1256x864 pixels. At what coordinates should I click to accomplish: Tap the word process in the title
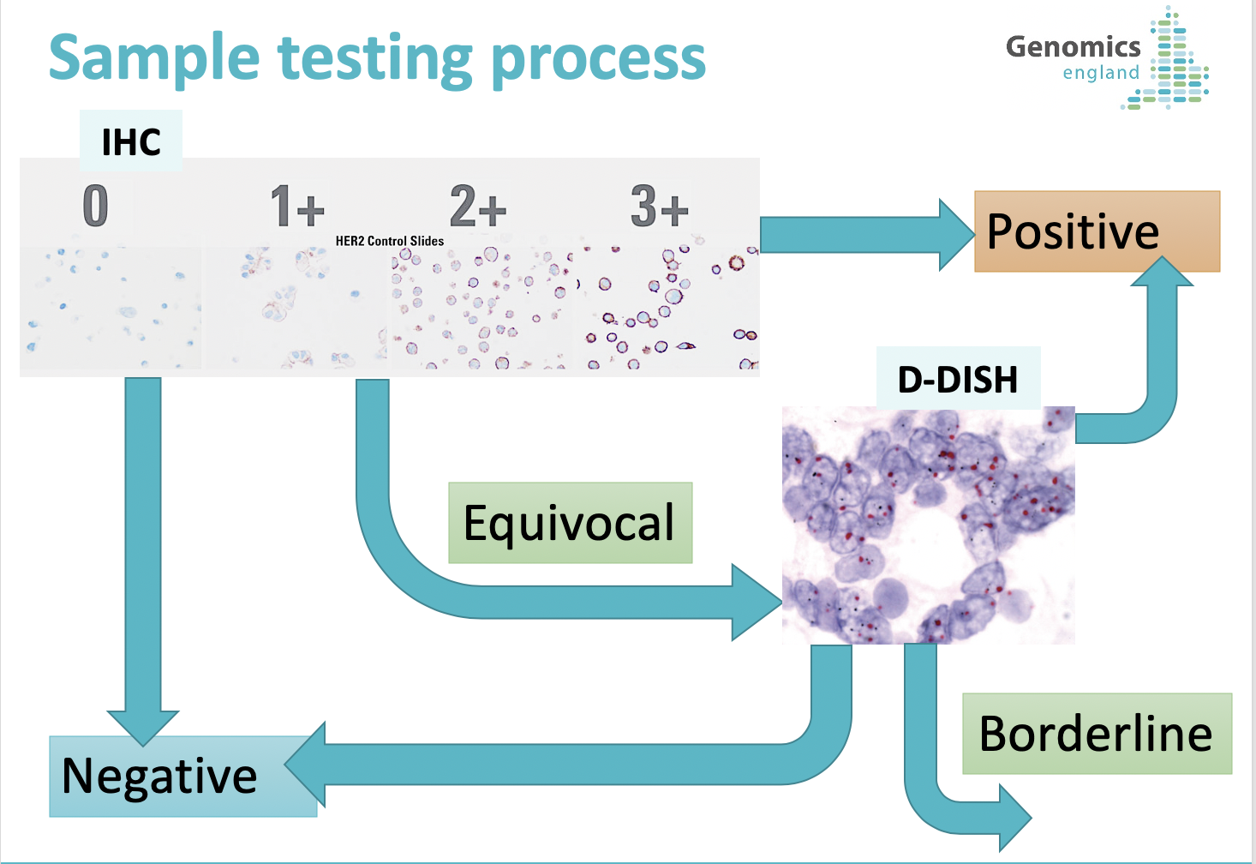tap(598, 62)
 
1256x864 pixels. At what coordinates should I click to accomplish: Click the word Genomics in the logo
tap(1074, 47)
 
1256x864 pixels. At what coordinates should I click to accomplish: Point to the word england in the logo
tap(1101, 73)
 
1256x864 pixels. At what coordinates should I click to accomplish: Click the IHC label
tap(131, 141)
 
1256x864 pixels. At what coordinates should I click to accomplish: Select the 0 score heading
tap(95, 206)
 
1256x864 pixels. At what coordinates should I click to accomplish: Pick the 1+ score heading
tap(297, 206)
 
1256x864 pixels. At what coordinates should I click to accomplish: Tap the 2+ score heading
tap(478, 206)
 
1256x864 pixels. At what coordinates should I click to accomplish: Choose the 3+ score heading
tap(660, 206)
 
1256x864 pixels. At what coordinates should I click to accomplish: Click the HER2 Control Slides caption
tap(390, 241)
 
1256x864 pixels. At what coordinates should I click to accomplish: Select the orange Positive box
tap(1097, 231)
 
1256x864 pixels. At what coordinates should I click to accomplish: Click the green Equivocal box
tap(571, 523)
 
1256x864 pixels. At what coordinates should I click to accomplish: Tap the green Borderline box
tap(1098, 734)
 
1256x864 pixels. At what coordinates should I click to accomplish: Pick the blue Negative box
tap(182, 777)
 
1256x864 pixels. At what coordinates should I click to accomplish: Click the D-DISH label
tap(958, 379)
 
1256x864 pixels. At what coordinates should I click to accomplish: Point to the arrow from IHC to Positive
tap(867, 235)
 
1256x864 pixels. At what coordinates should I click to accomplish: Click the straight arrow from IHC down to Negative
tap(143, 561)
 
